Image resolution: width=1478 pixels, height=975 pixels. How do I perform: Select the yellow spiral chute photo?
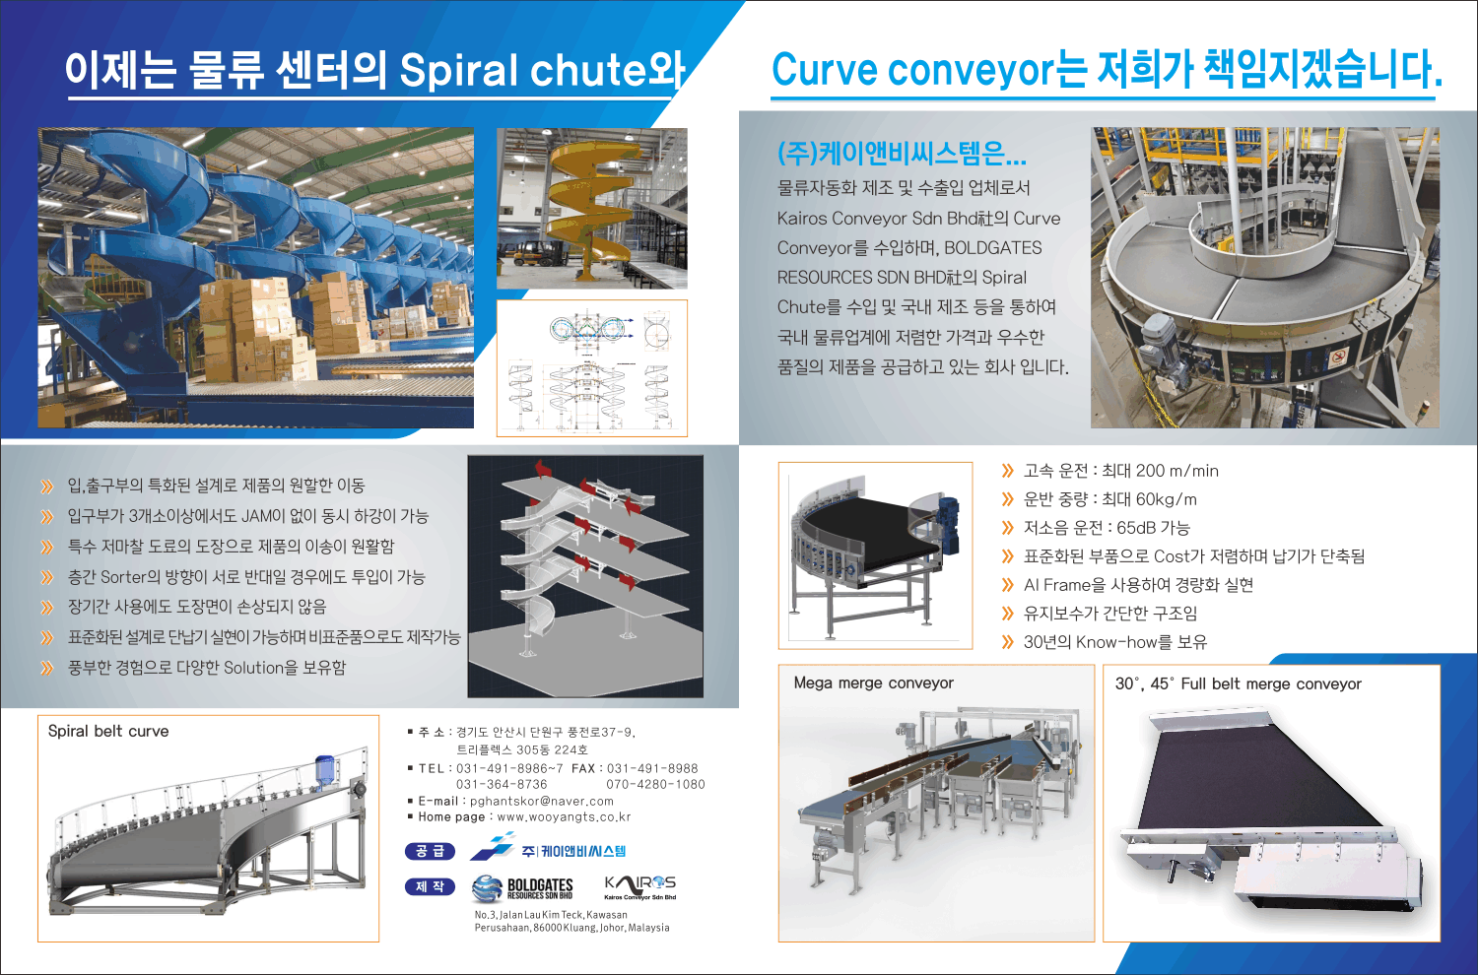[592, 209]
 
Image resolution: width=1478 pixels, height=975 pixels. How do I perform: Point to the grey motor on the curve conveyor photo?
[1164, 349]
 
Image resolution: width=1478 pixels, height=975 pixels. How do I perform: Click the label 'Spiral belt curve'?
[108, 731]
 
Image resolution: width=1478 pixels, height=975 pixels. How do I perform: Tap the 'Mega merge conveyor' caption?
[874, 682]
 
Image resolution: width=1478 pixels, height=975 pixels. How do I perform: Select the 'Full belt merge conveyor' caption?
[1271, 684]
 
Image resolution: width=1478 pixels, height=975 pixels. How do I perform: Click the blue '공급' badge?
[430, 851]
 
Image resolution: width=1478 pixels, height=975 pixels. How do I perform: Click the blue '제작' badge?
[430, 886]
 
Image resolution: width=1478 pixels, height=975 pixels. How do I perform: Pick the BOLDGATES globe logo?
[488, 888]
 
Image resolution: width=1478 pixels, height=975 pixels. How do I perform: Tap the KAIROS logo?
[640, 887]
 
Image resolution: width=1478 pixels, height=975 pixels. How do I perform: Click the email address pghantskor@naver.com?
[542, 801]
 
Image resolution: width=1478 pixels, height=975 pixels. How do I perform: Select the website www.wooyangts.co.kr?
[565, 816]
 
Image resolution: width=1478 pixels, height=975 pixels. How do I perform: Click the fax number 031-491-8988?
[652, 768]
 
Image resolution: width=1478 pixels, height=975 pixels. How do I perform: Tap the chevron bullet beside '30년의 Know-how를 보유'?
[1007, 642]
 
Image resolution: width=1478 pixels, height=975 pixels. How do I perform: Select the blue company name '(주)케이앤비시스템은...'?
[902, 153]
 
